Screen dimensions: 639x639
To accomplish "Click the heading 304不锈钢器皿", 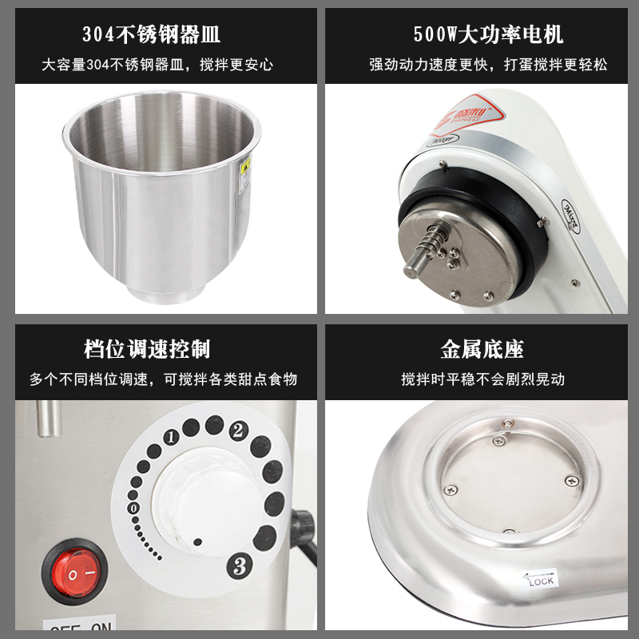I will pos(152,34).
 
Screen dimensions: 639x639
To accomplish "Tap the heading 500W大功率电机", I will pos(488,34).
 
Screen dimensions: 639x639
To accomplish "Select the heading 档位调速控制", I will pos(152,349).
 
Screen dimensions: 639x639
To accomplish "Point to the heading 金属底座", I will pos(482,349).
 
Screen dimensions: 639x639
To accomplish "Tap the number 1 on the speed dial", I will pos(170,437).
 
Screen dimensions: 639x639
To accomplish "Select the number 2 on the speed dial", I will pos(237,431).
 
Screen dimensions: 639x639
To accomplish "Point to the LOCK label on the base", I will pos(540,580).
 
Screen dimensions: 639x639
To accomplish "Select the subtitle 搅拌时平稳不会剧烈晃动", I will pos(482,379).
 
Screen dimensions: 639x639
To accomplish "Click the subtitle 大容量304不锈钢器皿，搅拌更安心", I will pos(152,65).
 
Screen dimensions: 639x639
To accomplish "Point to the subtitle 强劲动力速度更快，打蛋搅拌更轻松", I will pos(488,65).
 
